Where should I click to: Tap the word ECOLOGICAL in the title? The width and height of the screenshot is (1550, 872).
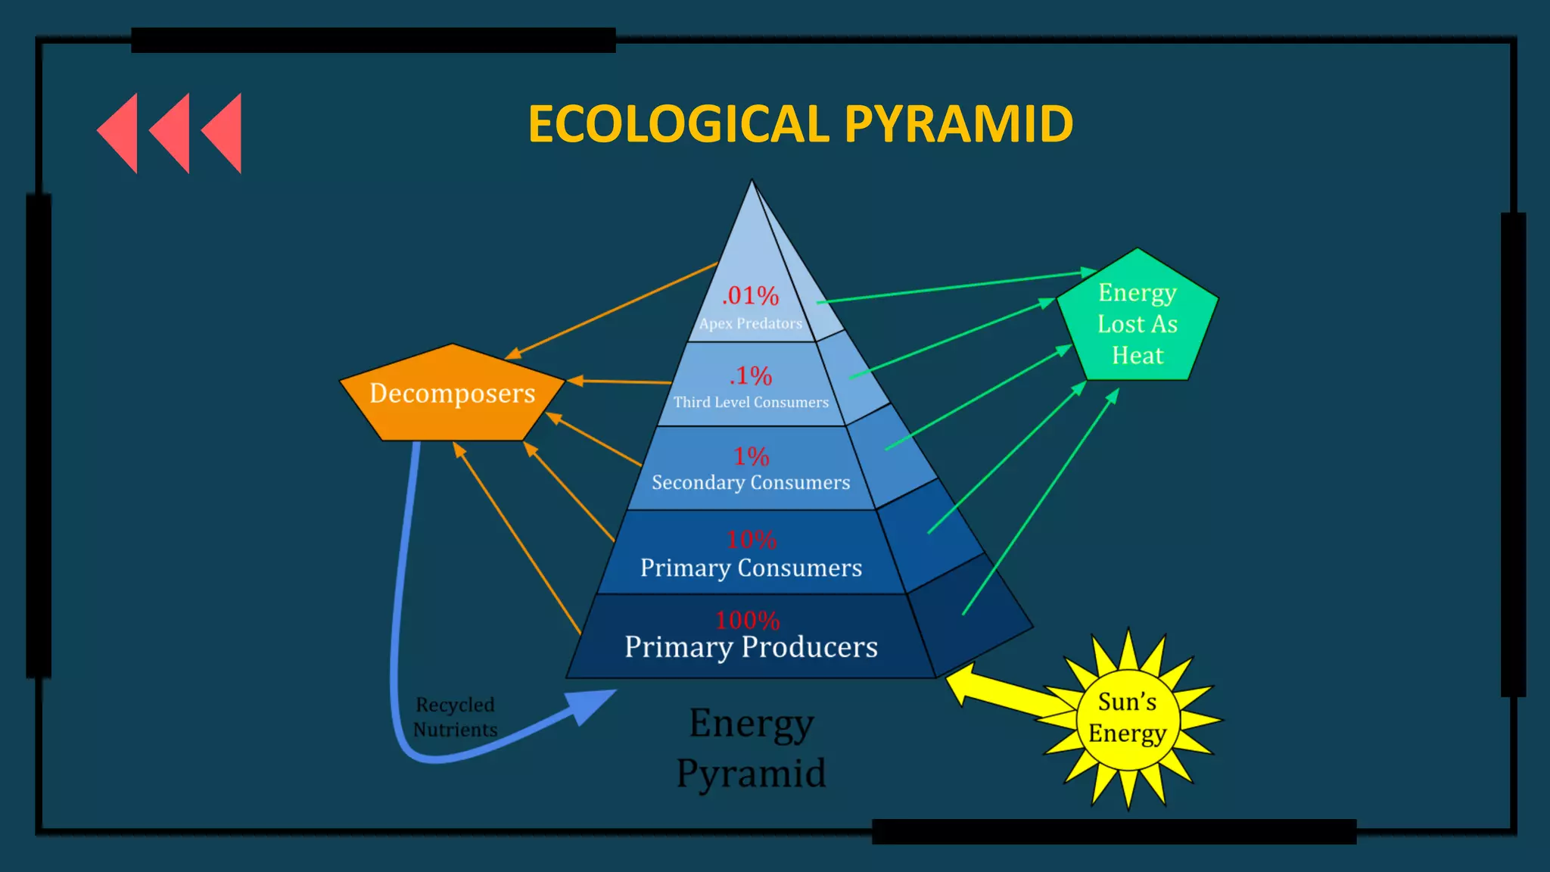(679, 124)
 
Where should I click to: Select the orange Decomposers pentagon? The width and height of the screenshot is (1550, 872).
(452, 394)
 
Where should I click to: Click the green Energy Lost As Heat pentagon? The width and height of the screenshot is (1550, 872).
(1137, 323)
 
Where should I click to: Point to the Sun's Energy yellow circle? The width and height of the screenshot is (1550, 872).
(1127, 718)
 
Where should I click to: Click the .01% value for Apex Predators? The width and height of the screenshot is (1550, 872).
(750, 295)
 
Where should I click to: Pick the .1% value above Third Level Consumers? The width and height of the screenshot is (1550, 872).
(751, 375)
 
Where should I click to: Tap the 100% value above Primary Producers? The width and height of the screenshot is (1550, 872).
(748, 620)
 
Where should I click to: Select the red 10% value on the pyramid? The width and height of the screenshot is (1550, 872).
(751, 539)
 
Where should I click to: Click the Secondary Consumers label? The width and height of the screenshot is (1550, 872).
(751, 482)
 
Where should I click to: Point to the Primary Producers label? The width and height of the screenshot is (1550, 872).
(751, 647)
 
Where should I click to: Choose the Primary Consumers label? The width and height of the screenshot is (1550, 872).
(751, 568)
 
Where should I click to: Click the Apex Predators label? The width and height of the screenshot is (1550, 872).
(750, 323)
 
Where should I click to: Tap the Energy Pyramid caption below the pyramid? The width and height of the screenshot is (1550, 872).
(751, 748)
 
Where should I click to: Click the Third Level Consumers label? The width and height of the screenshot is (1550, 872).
(751, 402)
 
